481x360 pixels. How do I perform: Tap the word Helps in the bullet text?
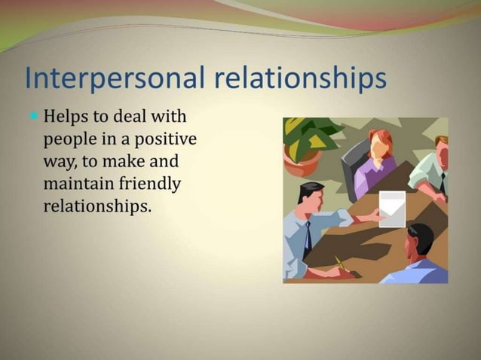(66, 118)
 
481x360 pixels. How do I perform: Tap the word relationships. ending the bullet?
(98, 205)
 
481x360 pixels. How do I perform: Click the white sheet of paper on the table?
(392, 209)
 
